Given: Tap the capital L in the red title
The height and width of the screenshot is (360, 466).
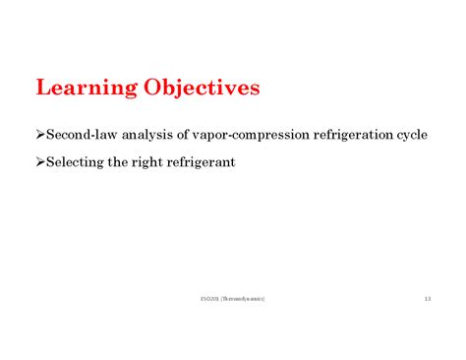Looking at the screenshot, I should [42, 88].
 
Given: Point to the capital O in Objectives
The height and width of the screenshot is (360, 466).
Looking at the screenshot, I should [154, 88].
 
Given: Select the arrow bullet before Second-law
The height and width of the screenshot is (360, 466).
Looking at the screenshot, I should [40, 135].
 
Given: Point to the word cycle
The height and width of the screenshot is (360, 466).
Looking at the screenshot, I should [411, 136].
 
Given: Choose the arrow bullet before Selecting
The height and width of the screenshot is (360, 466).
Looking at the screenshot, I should [40, 161].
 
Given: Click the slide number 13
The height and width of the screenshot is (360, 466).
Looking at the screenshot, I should [428, 299].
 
